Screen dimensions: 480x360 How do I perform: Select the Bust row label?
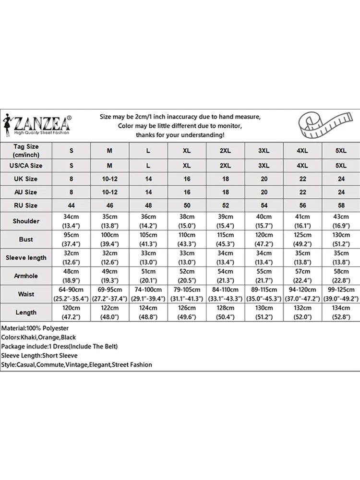click(26, 239)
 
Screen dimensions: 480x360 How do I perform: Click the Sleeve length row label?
click(26, 258)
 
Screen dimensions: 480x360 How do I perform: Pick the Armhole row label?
click(26, 276)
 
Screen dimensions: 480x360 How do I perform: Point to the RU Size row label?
click(26, 205)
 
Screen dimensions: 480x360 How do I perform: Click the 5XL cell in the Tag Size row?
click(341, 151)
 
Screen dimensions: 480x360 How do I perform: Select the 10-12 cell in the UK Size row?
click(110, 179)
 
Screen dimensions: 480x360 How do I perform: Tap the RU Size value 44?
click(71, 205)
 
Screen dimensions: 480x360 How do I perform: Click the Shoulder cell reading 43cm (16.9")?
click(341, 221)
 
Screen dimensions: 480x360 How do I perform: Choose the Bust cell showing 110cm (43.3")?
click(187, 239)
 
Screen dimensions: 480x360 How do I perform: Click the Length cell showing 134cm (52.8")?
click(341, 312)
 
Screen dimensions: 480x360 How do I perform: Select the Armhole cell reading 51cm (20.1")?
click(148, 276)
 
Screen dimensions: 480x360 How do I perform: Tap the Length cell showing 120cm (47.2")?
click(71, 312)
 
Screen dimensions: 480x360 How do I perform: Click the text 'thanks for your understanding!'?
click(180, 135)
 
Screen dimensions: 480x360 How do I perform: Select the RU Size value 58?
click(341, 205)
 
